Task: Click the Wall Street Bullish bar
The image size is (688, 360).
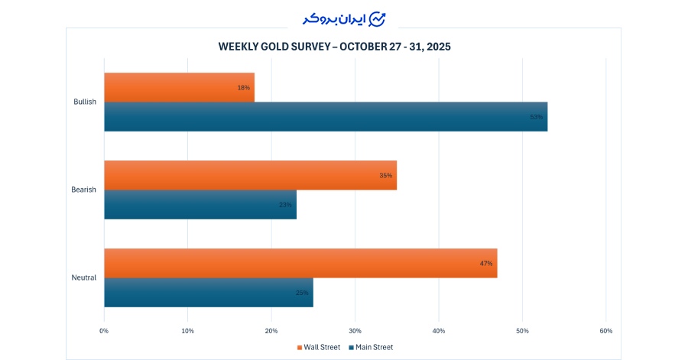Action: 179,87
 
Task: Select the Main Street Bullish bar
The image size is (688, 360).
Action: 326,117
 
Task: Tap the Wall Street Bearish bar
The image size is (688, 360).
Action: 250,175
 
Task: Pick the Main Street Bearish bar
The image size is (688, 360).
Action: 200,205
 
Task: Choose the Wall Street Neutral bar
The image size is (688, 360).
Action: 300,263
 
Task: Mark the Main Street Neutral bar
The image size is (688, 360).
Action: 209,293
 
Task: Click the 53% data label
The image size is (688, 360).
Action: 536,117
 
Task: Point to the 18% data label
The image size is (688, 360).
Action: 244,88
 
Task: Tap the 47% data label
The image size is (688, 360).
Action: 486,263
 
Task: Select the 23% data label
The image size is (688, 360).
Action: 285,205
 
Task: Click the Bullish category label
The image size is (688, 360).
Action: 85,102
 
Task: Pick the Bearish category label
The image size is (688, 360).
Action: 84,190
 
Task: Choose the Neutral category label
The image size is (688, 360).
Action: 84,277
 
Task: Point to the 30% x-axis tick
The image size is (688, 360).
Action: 355,331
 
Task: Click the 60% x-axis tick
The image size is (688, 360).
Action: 605,331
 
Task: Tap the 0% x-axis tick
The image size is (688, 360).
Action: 104,331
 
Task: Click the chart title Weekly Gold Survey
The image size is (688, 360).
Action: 335,47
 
